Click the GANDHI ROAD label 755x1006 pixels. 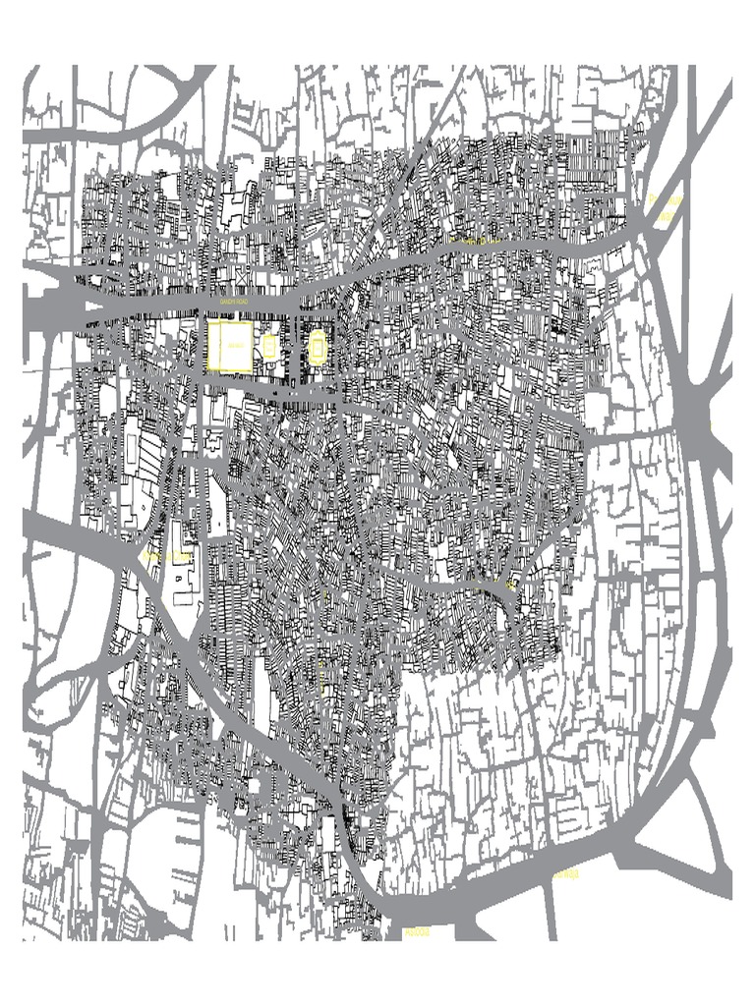point(234,302)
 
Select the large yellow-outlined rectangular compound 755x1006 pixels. point(230,346)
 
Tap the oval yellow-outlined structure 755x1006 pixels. point(319,346)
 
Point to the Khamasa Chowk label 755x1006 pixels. point(167,557)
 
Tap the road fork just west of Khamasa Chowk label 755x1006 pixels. point(132,561)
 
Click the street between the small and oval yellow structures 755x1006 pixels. point(291,346)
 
